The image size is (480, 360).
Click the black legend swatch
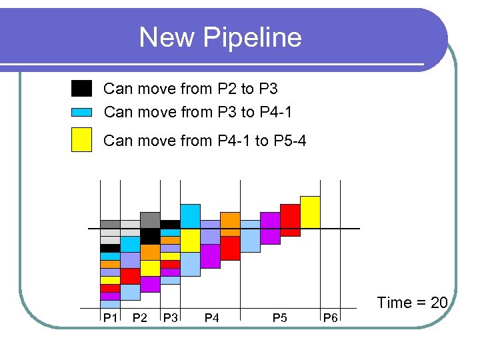(81, 88)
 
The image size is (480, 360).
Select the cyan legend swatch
(81, 112)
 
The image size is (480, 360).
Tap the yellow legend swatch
(81, 139)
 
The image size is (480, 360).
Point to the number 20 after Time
(439, 303)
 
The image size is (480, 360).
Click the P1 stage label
(109, 318)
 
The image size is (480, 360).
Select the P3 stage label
(170, 318)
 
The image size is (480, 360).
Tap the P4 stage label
(211, 318)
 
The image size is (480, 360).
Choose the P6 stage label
(330, 318)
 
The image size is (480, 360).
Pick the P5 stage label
(279, 318)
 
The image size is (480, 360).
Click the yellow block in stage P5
(310, 211)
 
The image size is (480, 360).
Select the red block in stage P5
(290, 220)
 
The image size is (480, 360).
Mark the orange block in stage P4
(230, 224)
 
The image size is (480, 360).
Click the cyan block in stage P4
(190, 216)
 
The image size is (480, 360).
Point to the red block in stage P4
(230, 248)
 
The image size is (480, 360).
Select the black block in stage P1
(110, 248)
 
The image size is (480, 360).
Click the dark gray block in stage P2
(150, 220)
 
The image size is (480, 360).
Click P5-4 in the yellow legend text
(290, 140)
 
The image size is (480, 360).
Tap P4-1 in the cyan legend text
(276, 112)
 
